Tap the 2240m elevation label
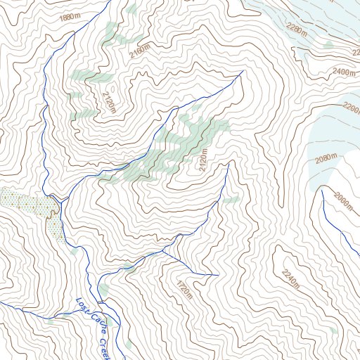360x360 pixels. click(x=290, y=280)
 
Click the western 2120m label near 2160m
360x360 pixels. click(x=108, y=103)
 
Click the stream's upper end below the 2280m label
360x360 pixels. click(x=243, y=71)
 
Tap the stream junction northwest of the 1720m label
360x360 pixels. click(x=164, y=250)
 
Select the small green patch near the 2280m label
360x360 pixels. click(x=328, y=44)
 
